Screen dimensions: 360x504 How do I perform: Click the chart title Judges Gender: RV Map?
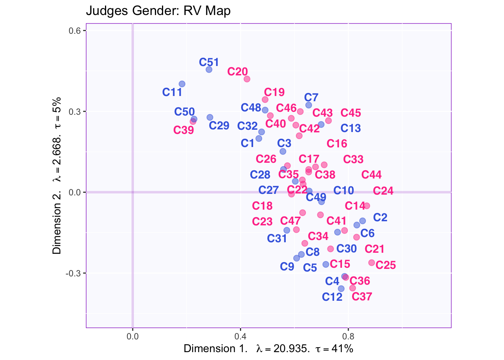pyautogui.click(x=158, y=11)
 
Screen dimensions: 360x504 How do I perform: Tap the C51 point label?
pyautogui.click(x=209, y=62)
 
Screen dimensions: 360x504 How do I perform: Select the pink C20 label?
pyautogui.click(x=237, y=72)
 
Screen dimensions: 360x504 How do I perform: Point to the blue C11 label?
pyautogui.click(x=172, y=92)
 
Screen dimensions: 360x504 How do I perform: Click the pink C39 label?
pyautogui.click(x=184, y=130)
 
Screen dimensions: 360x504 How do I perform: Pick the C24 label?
pyautogui.click(x=383, y=191)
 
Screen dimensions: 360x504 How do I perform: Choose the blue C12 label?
pyautogui.click(x=332, y=297)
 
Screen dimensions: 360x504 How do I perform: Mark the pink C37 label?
pyautogui.click(x=362, y=297)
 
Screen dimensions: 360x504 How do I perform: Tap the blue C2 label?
pyautogui.click(x=380, y=217)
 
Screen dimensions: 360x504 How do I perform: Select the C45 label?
pyautogui.click(x=351, y=113)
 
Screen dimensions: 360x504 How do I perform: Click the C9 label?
pyautogui.click(x=287, y=267)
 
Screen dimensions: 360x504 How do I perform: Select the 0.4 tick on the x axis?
pyautogui.click(x=240, y=336)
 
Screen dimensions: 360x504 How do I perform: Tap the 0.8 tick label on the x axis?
pyautogui.click(x=348, y=336)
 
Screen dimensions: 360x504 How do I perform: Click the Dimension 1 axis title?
pyautogui.click(x=268, y=349)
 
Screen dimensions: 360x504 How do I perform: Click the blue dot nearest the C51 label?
pyautogui.click(x=209, y=69)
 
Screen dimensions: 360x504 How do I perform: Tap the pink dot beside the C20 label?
pyautogui.click(x=247, y=79)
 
